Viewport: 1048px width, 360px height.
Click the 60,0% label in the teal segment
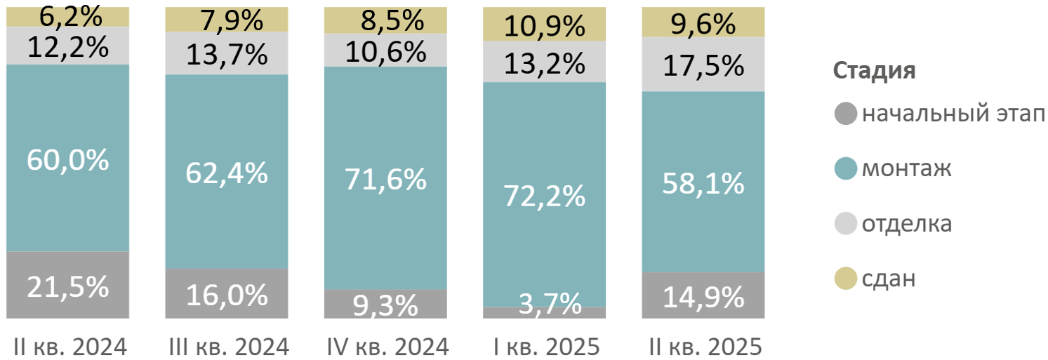[x=68, y=160]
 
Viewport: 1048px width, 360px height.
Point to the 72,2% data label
[x=545, y=196]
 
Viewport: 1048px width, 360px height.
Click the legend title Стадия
[x=874, y=72]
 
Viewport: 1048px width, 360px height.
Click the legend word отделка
[x=907, y=225]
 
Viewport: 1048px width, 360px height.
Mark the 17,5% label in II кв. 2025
[x=703, y=66]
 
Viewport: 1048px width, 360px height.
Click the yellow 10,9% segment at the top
[x=545, y=27]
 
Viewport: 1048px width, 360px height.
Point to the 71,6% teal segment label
[x=385, y=180]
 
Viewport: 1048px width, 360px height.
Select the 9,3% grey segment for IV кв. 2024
[x=385, y=305]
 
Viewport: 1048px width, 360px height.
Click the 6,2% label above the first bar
[x=68, y=15]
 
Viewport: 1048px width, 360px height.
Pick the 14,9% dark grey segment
[x=703, y=298]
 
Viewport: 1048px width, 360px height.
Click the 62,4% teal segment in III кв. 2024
[x=227, y=173]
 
